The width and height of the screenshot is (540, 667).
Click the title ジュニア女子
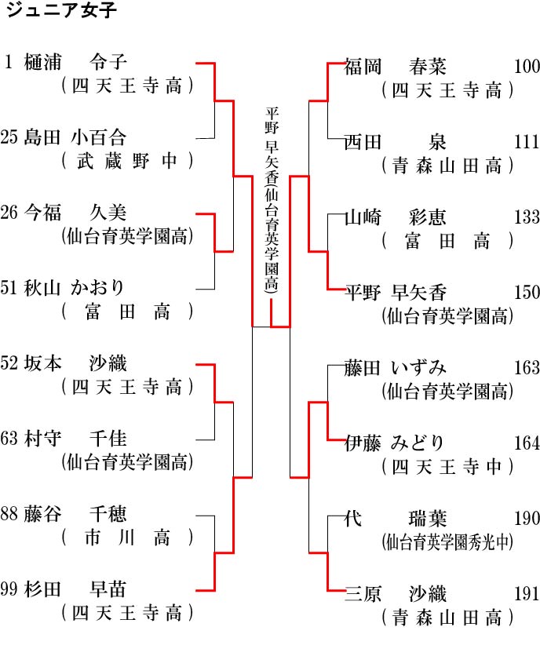coord(61,10)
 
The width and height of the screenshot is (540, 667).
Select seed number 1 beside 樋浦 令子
coord(8,62)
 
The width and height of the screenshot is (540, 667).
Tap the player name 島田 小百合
coord(75,137)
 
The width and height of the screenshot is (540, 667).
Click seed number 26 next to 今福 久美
coord(9,213)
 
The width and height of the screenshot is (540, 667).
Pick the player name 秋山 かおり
coord(74,288)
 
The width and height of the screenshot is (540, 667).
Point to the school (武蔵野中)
coord(127,161)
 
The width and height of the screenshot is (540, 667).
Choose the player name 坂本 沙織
coord(75,363)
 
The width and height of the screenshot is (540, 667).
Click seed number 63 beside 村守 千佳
coord(9,439)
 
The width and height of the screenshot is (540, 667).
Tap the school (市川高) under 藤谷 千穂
coord(127,538)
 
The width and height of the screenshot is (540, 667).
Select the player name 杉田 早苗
coord(75,589)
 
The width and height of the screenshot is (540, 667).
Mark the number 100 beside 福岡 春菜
coord(527,67)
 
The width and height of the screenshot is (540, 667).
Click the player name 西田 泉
coord(396,142)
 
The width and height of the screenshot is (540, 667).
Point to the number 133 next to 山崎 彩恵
coord(527,217)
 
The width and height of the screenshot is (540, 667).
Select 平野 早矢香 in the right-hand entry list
coord(396,293)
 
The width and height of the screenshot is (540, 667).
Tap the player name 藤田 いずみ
coord(396,368)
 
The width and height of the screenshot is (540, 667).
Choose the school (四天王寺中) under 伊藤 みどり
coord(447,467)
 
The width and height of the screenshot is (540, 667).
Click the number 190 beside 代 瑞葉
coord(527,518)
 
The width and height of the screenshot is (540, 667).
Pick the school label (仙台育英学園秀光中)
coord(447,542)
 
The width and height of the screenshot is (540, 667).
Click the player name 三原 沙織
coord(396,594)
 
